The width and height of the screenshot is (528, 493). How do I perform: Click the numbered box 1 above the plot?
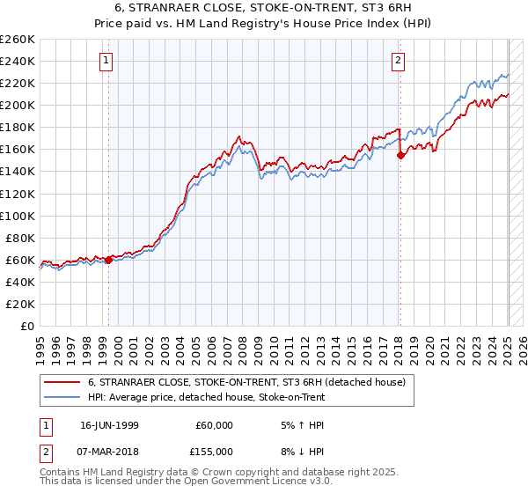click(x=106, y=61)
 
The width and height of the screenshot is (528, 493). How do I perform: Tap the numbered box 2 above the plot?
click(x=398, y=61)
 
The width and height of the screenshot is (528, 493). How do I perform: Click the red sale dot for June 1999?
click(x=108, y=260)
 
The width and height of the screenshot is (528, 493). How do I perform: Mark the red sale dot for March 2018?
click(x=400, y=155)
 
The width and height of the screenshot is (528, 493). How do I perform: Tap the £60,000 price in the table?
click(x=215, y=425)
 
